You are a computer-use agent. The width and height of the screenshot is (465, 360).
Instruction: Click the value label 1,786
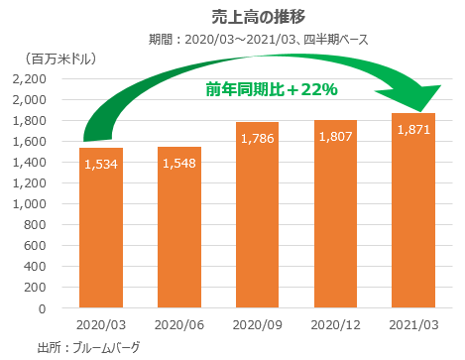pos(253,138)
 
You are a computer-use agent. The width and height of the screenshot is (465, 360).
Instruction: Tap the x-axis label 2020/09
pos(253,325)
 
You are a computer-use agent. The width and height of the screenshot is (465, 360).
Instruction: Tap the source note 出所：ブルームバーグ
pos(88,347)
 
